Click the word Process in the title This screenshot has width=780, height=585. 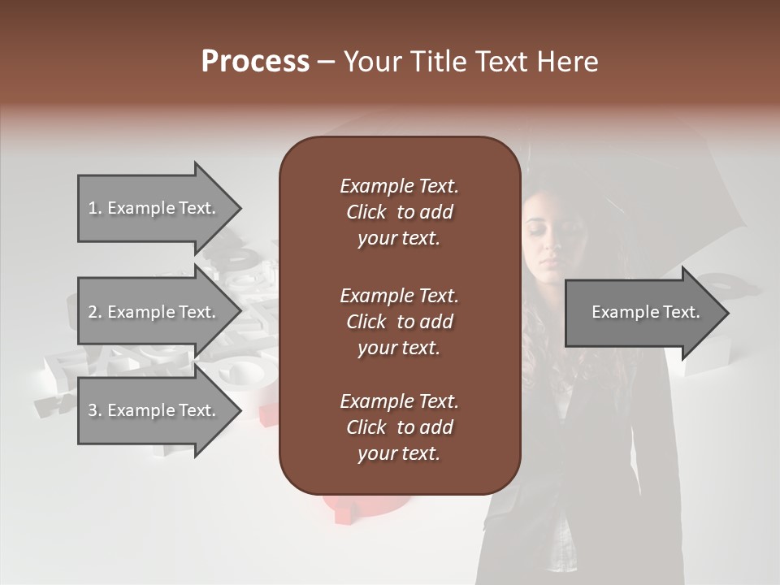coord(255,62)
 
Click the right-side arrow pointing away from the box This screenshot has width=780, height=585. coord(642,312)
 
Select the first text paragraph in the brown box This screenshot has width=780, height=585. coord(399,212)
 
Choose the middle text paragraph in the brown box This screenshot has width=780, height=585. coord(399,321)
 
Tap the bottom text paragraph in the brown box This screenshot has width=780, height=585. coord(399,427)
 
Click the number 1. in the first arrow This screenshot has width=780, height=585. coord(95,208)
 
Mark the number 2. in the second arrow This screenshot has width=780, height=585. coord(95,312)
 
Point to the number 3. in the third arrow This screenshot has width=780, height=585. coord(95,410)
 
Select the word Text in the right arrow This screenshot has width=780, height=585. coord(682,312)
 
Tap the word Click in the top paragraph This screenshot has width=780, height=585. coord(366,212)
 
